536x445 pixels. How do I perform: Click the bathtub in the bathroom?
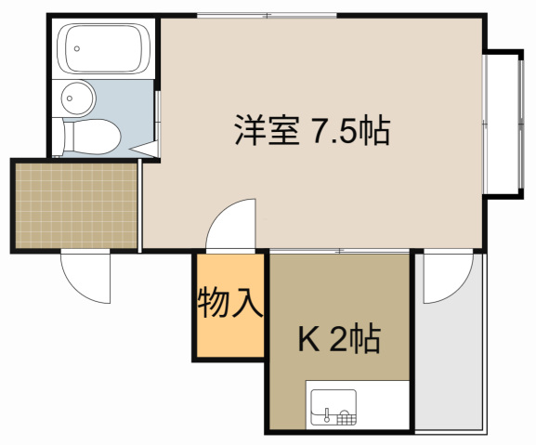(x=104, y=48)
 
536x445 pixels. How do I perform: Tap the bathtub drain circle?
(x=77, y=48)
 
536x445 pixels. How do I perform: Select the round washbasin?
(x=78, y=98)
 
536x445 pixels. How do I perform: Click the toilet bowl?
(x=92, y=137)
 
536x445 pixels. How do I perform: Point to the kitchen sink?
(x=333, y=407)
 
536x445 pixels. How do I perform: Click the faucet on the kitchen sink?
(x=327, y=414)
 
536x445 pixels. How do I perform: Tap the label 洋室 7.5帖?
(x=312, y=131)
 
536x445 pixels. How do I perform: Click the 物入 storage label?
(x=230, y=302)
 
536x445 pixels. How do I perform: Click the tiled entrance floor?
(x=76, y=205)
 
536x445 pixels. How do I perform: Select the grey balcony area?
(x=450, y=342)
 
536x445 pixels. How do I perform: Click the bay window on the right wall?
(x=503, y=124)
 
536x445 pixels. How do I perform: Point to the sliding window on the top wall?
(x=267, y=16)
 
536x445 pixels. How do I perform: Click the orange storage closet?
(x=230, y=306)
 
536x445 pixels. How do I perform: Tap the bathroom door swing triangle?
(x=144, y=149)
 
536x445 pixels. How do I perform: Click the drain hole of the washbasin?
(x=70, y=98)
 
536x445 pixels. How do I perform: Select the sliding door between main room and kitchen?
(x=339, y=251)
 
